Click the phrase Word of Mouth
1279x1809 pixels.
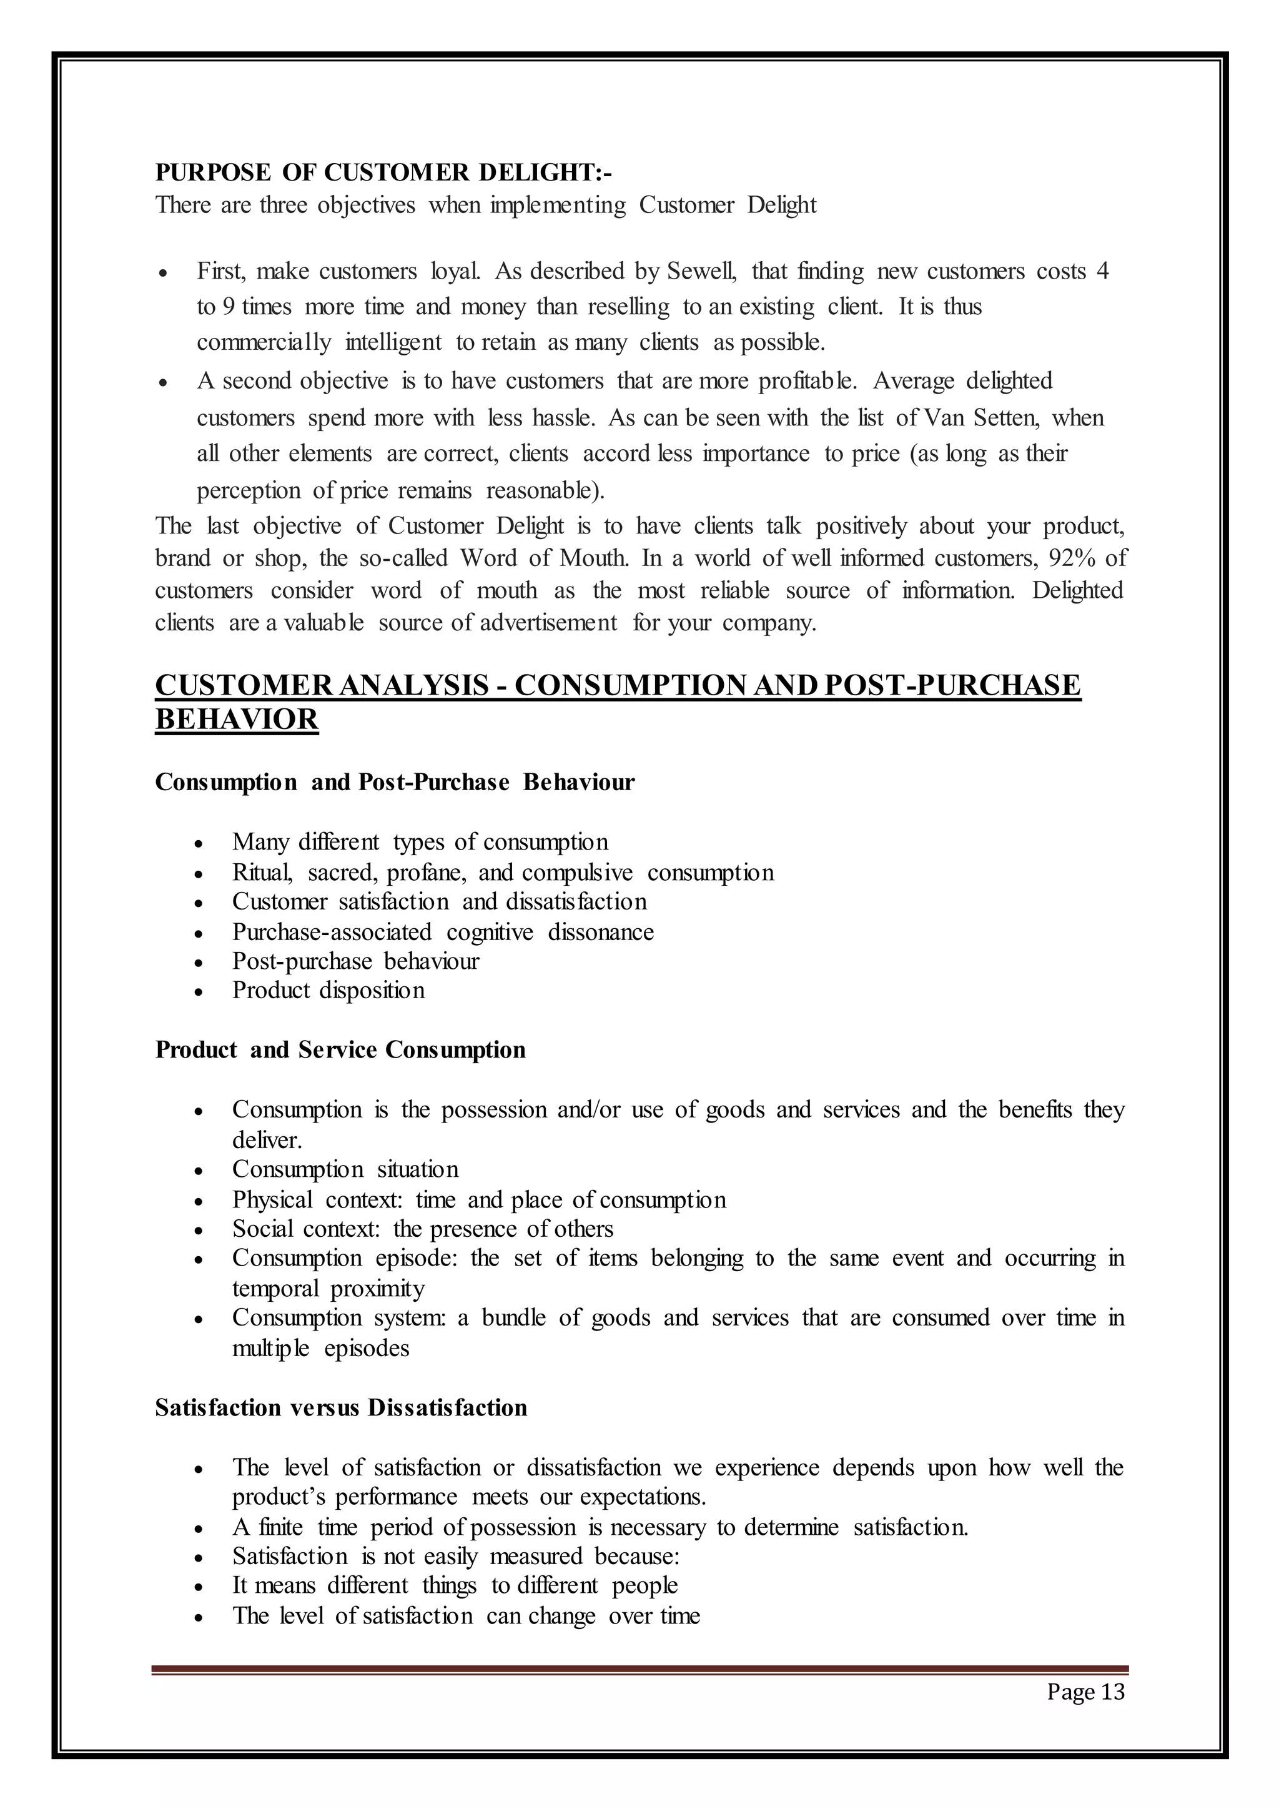click(544, 558)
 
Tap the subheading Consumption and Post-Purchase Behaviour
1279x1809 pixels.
click(395, 782)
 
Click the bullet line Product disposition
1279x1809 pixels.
click(328, 990)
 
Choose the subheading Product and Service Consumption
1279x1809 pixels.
click(340, 1050)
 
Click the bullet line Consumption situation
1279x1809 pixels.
click(345, 1169)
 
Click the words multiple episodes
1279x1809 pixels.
click(320, 1348)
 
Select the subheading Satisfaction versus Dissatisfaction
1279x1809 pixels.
click(341, 1408)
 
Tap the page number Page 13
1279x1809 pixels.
click(1085, 1692)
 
